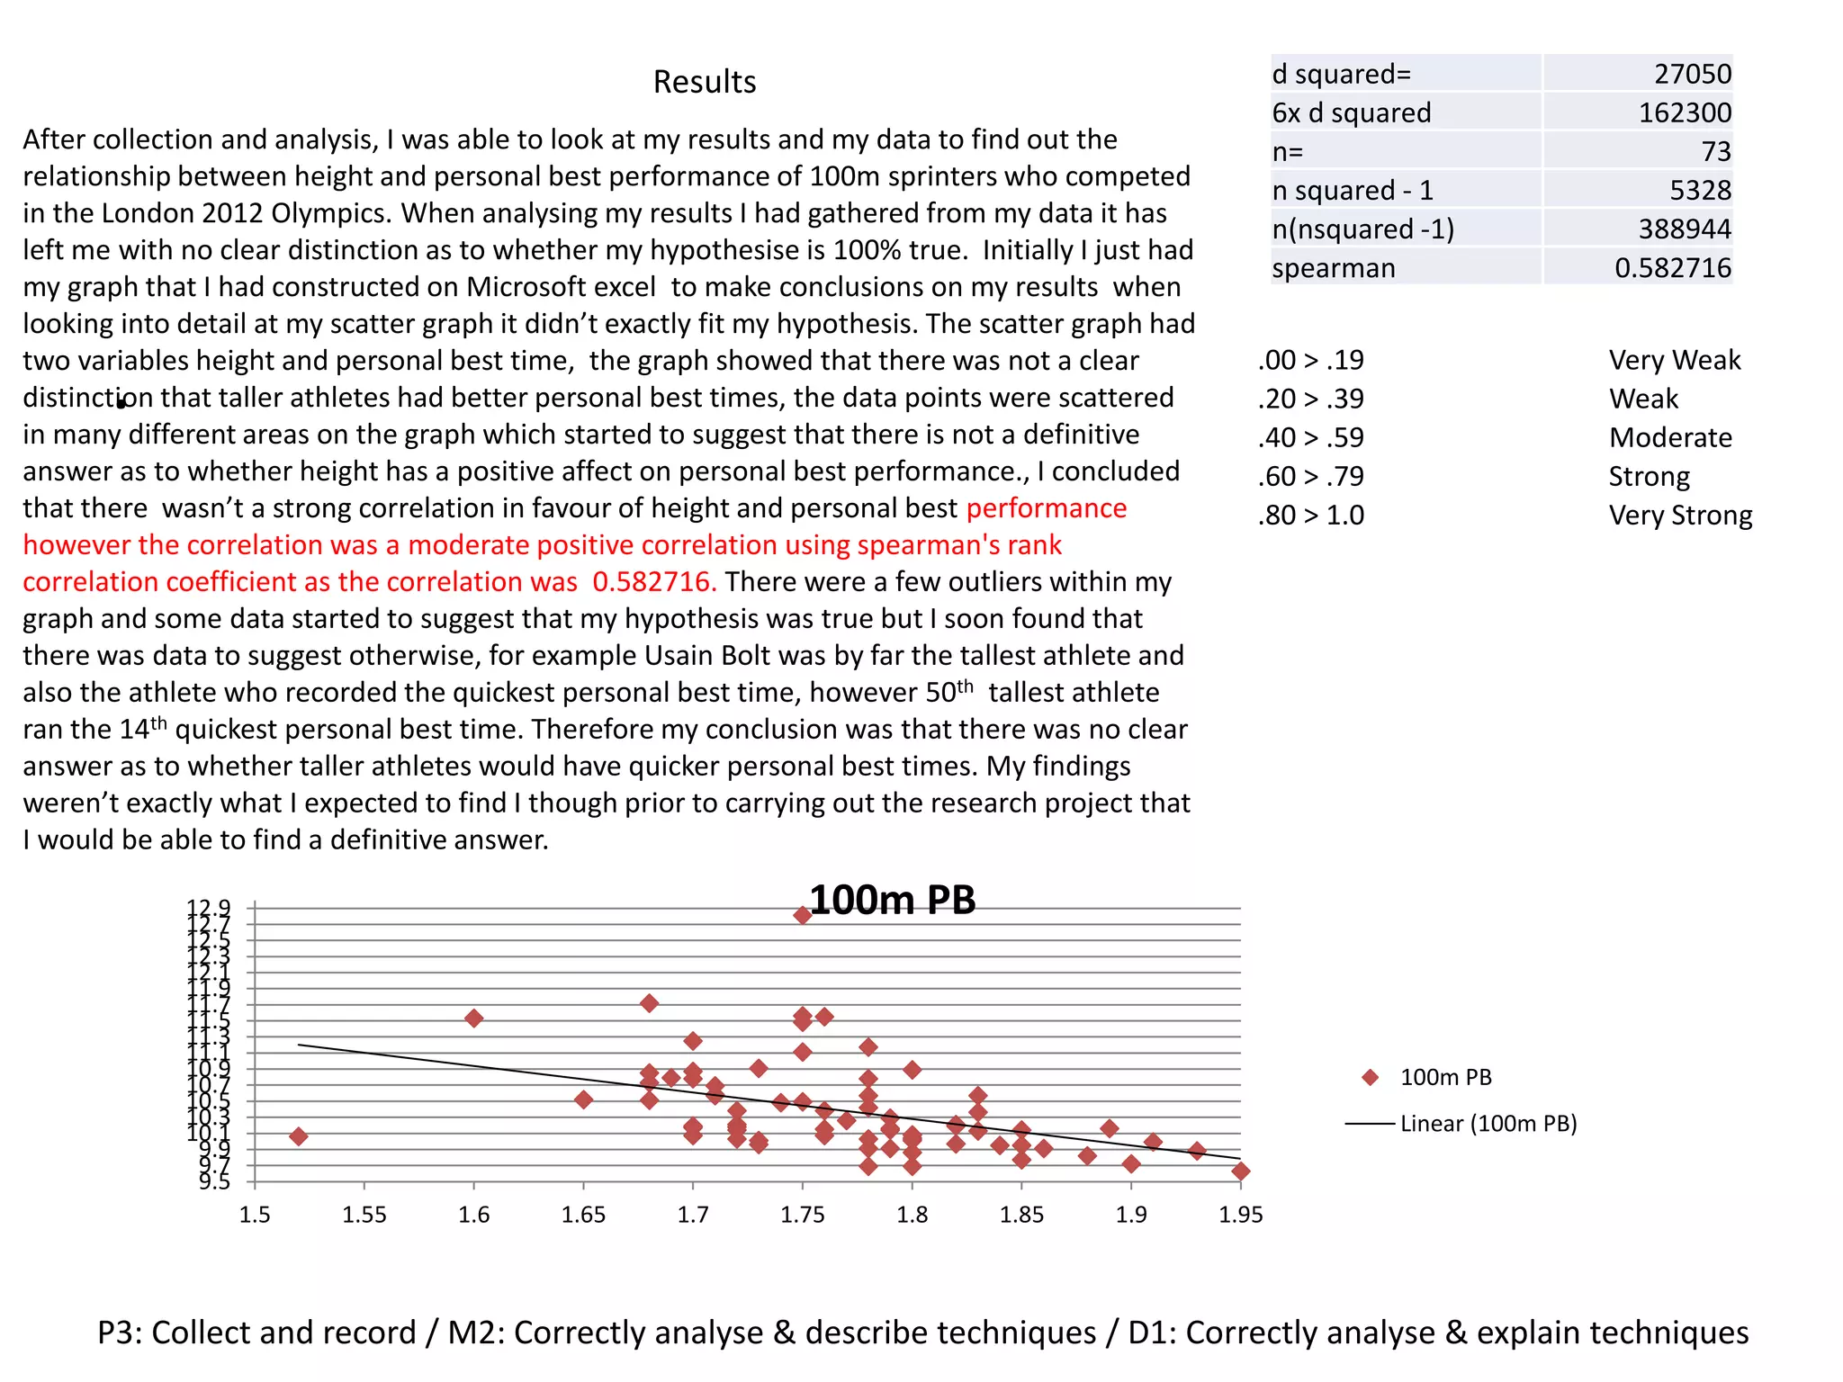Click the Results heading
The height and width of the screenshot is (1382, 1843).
point(704,82)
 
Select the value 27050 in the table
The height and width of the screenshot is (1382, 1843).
point(1692,74)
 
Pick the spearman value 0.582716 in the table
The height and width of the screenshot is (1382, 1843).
point(1672,268)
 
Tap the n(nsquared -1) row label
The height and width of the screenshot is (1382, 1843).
point(1362,229)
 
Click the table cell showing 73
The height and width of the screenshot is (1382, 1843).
point(1715,151)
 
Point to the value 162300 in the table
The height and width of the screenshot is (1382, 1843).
point(1684,112)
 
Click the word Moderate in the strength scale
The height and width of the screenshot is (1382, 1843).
point(1670,437)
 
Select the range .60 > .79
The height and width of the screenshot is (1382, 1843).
point(1311,476)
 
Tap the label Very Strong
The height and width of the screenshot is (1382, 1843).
point(1680,516)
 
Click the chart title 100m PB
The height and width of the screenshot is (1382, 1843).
point(892,901)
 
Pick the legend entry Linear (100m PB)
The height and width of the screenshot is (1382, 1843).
point(1488,1124)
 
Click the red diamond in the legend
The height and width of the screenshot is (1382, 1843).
point(1371,1078)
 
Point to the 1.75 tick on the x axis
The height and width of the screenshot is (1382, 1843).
point(802,1216)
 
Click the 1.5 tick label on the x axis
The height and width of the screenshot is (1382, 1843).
point(255,1216)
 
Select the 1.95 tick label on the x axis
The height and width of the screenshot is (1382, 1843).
point(1240,1216)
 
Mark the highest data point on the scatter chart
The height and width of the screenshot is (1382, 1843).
point(803,916)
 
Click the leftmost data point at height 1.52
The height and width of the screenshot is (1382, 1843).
point(299,1136)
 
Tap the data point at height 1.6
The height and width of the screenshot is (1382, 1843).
point(474,1019)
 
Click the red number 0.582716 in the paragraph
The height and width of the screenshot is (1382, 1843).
point(654,582)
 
